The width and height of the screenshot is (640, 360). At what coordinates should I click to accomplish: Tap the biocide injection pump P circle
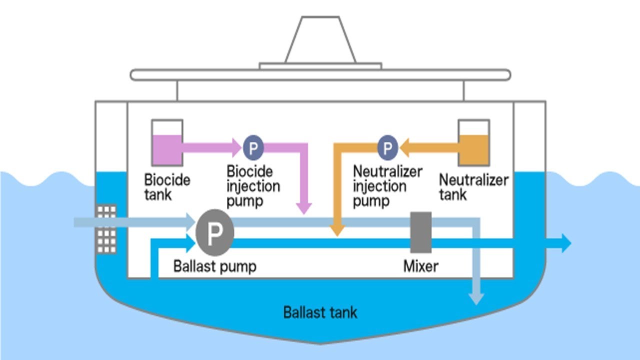pos(253,147)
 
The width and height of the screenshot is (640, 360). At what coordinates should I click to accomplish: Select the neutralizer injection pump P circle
pos(387,147)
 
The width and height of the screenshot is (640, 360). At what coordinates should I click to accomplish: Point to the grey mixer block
pos(421,232)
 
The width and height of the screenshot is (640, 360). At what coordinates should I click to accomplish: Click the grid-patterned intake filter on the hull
pos(106,229)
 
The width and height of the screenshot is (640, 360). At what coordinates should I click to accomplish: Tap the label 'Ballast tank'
pos(320,313)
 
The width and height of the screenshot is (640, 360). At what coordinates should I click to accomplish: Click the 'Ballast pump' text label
pos(214,266)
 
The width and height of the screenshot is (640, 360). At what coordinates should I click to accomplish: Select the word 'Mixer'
pos(420,266)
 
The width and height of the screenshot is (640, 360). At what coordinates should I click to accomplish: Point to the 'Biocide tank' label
pos(167,186)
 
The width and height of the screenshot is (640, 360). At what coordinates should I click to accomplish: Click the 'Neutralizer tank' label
pos(473,186)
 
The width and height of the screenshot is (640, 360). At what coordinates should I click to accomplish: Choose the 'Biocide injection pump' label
pos(253,186)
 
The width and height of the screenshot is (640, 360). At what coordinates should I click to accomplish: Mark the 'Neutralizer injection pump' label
pos(387,186)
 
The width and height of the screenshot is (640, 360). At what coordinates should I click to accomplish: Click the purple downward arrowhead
pos(304,208)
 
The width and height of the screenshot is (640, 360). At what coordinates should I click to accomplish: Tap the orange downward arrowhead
pos(337,230)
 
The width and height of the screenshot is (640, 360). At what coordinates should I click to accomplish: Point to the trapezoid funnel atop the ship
pos(320,40)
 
